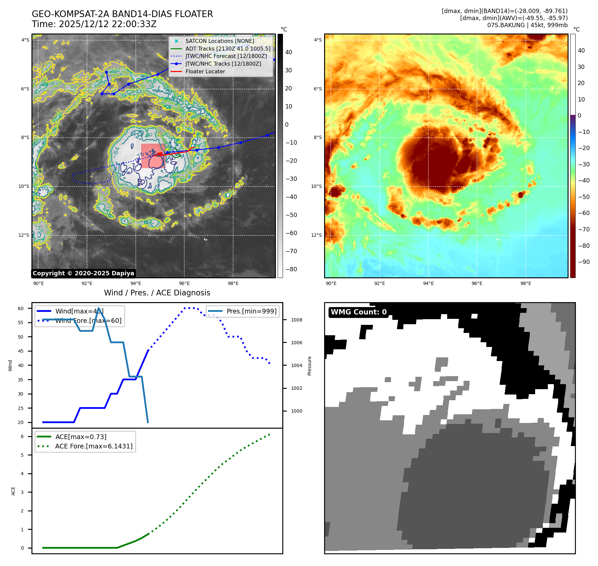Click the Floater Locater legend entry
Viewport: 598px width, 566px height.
coord(205,71)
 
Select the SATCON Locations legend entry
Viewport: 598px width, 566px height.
coord(219,41)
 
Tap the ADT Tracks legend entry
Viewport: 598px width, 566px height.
coord(228,49)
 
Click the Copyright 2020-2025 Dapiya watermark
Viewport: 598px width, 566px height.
coord(83,273)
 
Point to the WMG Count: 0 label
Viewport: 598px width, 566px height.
coord(359,312)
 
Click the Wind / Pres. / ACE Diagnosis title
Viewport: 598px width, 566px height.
coord(157,293)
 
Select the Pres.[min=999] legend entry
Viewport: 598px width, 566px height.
coord(251,311)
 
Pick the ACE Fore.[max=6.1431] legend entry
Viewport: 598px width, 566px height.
coord(94,446)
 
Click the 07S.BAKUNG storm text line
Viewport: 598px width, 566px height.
coord(527,25)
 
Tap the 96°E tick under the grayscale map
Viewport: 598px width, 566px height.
coord(184,283)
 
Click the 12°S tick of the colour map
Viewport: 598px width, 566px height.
coord(316,235)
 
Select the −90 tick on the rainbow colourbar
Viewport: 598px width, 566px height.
coord(584,262)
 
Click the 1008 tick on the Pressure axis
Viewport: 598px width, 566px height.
coord(296,320)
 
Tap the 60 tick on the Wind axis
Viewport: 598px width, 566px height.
coord(21,308)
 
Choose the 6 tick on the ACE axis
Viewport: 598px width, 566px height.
coord(22,436)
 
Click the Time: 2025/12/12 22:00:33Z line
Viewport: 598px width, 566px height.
coord(94,24)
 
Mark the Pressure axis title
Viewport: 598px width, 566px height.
coord(309,366)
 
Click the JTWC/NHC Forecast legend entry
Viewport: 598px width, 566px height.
coord(226,56)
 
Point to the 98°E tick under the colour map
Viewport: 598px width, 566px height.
coord(525,283)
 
